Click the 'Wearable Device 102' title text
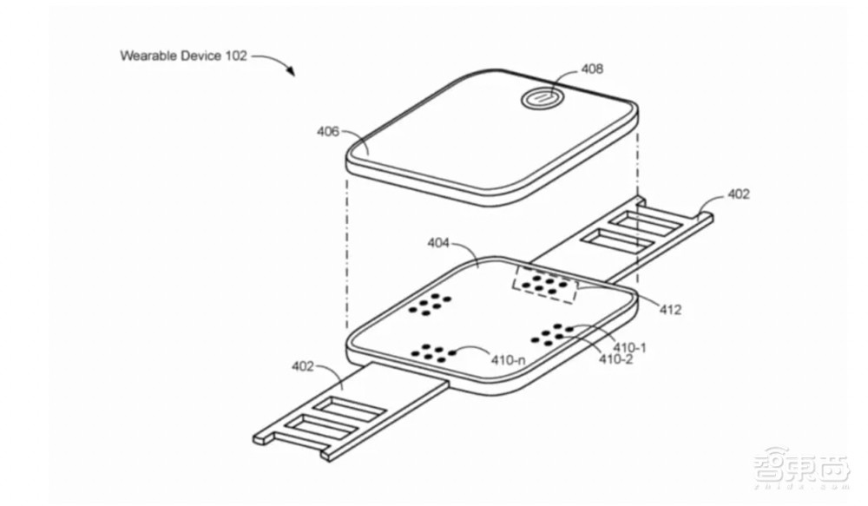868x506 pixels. point(183,56)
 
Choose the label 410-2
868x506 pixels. point(616,359)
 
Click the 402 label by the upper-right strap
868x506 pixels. point(739,194)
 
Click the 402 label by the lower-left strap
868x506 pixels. point(302,366)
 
